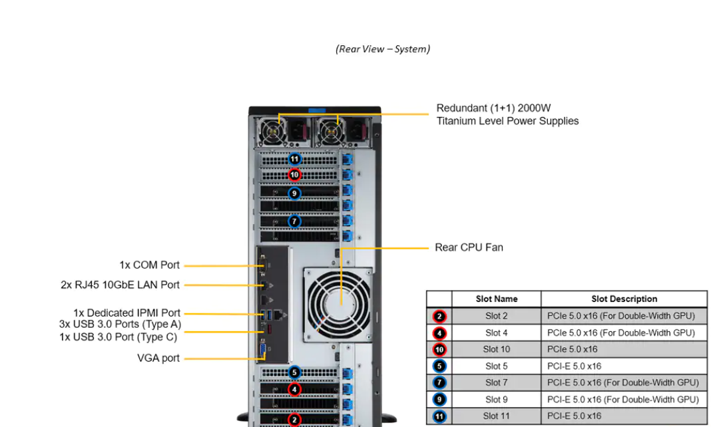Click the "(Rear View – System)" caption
tap(383, 49)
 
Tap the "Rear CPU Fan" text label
tap(469, 247)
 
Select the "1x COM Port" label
tap(149, 265)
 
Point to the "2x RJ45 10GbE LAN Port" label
tap(120, 285)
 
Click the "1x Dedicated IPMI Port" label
tap(126, 313)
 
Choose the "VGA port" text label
tap(158, 358)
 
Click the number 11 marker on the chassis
tap(295, 160)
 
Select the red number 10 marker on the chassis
tap(295, 175)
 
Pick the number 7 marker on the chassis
tap(295, 221)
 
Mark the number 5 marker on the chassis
tap(295, 373)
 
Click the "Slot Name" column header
tap(496, 299)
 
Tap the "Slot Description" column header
tap(624, 299)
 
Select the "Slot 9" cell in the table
tap(496, 400)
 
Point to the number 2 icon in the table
tap(439, 317)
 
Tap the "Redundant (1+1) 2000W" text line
tap(493, 108)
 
